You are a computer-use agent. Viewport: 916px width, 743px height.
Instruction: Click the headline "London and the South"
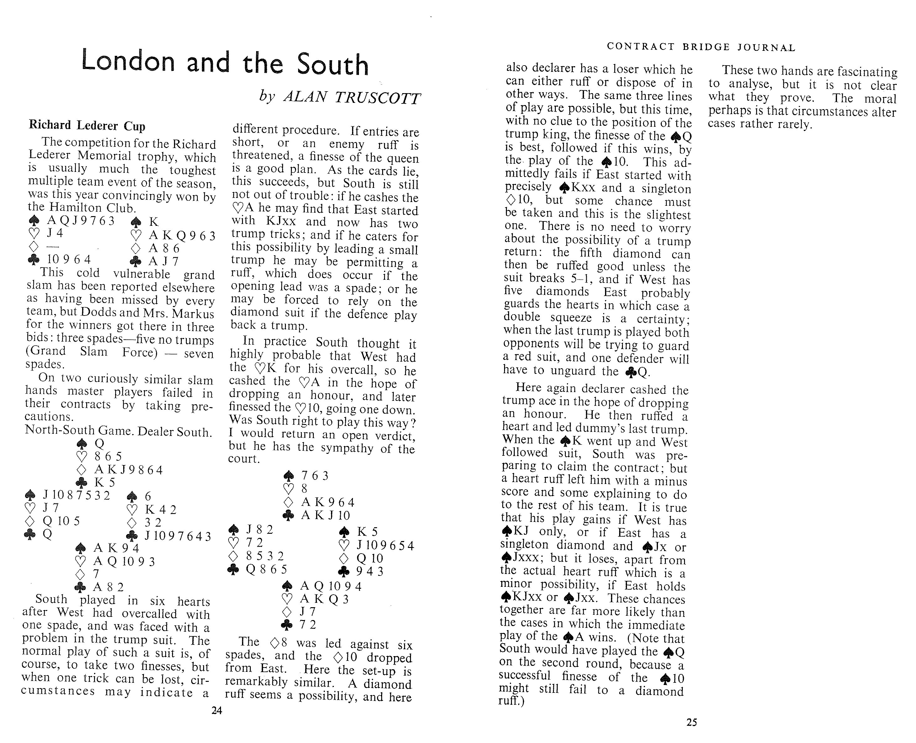point(225,62)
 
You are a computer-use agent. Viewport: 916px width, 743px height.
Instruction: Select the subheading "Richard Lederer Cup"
point(87,125)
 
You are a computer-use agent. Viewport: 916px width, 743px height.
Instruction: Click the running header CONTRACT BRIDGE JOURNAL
point(701,47)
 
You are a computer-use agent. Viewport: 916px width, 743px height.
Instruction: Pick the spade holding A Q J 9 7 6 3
point(81,220)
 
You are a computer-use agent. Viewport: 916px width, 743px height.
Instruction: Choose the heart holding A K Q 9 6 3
point(182,236)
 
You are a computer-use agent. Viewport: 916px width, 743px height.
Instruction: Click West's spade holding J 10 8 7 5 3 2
point(77,496)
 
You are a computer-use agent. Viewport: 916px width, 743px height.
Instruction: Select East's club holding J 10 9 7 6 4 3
point(177,536)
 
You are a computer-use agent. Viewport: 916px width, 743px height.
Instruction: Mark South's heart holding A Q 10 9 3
point(124,561)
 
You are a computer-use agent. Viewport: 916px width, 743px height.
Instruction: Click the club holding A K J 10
point(325,515)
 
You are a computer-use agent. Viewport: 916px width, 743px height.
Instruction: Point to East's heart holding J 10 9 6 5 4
point(385,546)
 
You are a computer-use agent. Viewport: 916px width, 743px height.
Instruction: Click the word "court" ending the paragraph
point(243,459)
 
